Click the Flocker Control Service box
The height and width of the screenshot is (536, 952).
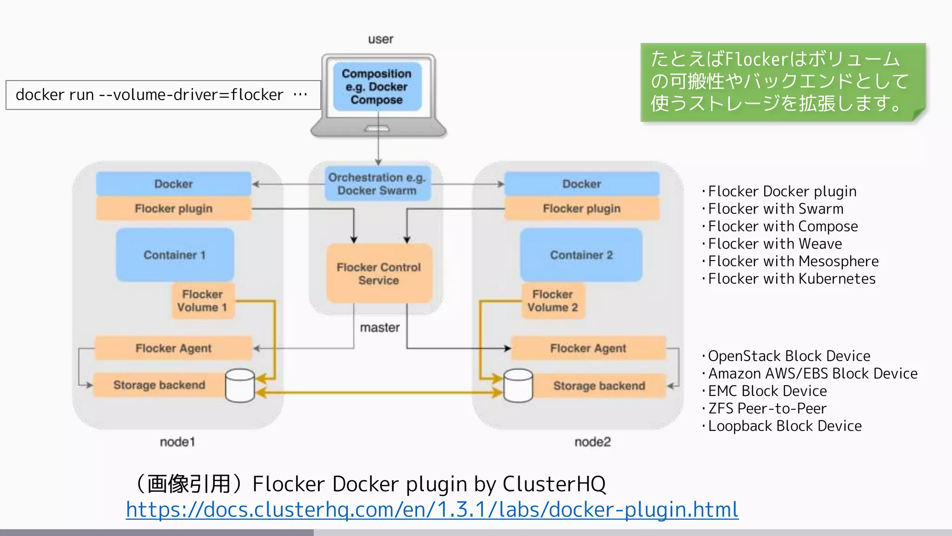(x=379, y=274)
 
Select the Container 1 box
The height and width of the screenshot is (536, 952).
(x=175, y=255)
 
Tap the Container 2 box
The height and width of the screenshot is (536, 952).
(x=581, y=255)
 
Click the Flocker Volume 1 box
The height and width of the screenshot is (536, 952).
(x=203, y=301)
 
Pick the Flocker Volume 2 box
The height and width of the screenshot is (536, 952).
(x=553, y=301)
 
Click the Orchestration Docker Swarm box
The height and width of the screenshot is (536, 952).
(x=377, y=184)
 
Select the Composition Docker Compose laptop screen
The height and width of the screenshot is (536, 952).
(x=377, y=87)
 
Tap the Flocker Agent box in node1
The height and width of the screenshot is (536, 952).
(x=173, y=348)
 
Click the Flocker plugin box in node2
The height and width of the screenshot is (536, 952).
(x=582, y=208)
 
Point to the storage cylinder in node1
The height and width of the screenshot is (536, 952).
(x=240, y=386)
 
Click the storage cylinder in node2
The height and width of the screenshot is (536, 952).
(x=518, y=386)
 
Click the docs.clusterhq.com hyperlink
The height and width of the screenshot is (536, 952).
(x=432, y=509)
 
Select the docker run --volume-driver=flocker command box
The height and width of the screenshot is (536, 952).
(x=163, y=95)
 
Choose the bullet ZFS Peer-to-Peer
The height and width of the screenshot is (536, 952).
(x=767, y=409)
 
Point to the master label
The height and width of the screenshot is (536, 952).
(x=380, y=328)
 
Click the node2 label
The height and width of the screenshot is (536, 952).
(x=592, y=442)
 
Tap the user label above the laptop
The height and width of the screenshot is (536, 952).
(x=380, y=39)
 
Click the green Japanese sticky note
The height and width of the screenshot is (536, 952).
(x=782, y=82)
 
